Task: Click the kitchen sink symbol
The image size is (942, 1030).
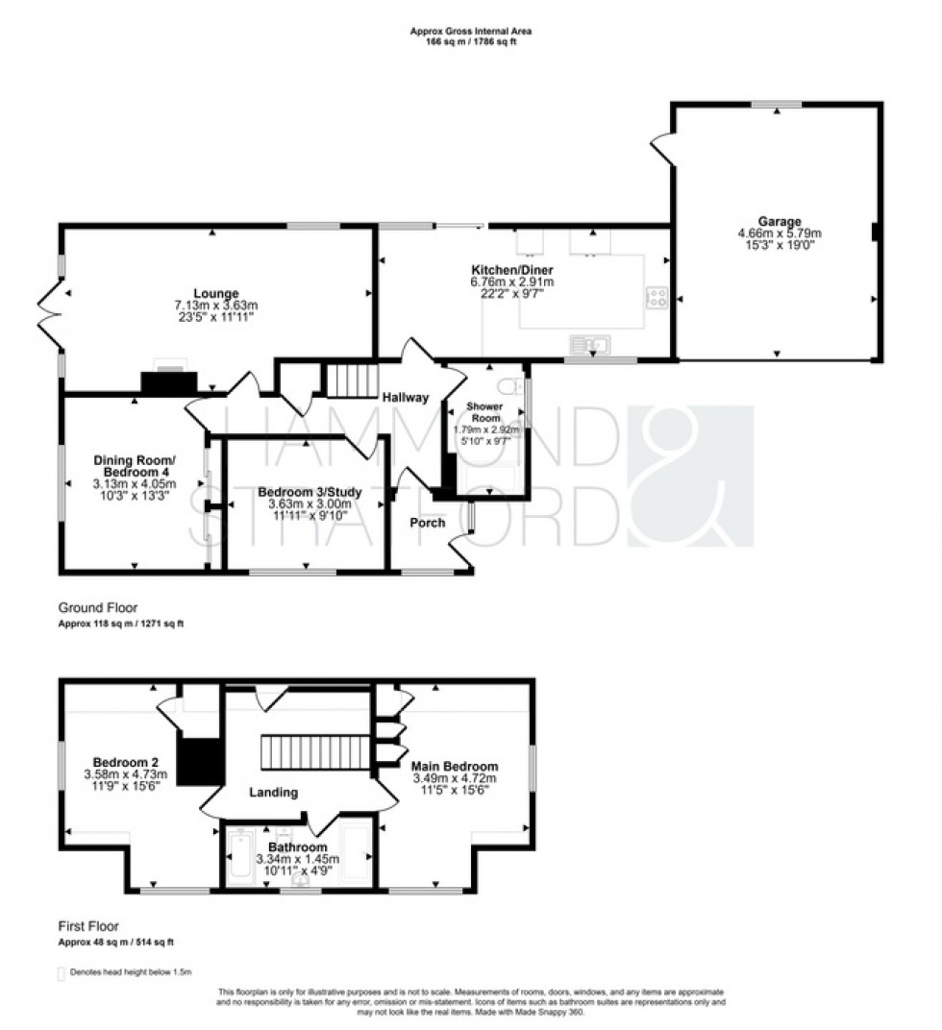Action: pos(588,343)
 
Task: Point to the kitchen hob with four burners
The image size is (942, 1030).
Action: pos(657,298)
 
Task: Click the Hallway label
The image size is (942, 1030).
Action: pos(405,398)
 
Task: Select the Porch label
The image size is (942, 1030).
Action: pos(428,522)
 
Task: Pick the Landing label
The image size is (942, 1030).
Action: pos(274,793)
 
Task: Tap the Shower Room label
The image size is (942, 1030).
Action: pos(485,411)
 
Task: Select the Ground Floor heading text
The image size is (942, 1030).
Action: pos(98,607)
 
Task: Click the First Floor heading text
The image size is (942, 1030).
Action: pos(88,927)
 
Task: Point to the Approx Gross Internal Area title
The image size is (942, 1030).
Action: pos(471,31)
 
